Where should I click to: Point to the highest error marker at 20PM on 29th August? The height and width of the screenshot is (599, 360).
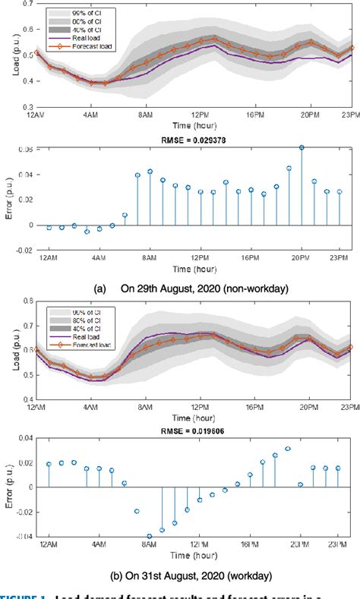tap(302, 147)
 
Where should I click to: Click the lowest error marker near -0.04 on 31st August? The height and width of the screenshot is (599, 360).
tap(150, 536)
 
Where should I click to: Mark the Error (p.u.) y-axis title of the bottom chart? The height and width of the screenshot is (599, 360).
tap(8, 487)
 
